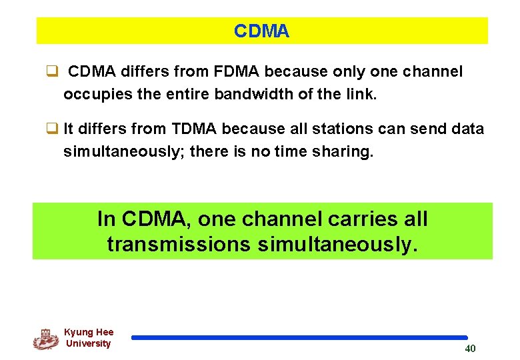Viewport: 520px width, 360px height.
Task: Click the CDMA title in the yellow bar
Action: pyautogui.click(x=261, y=31)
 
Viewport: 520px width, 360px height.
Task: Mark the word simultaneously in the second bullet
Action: pyautogui.click(x=123, y=152)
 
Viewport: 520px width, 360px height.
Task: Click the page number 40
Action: pyautogui.click(x=470, y=349)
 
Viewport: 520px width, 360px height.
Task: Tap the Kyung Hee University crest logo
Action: pyautogui.click(x=45, y=339)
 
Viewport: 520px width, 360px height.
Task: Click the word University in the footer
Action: pyautogui.click(x=89, y=344)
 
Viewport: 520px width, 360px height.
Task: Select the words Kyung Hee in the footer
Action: pyautogui.click(x=89, y=332)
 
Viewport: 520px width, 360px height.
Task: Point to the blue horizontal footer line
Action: pyautogui.click(x=299, y=338)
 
